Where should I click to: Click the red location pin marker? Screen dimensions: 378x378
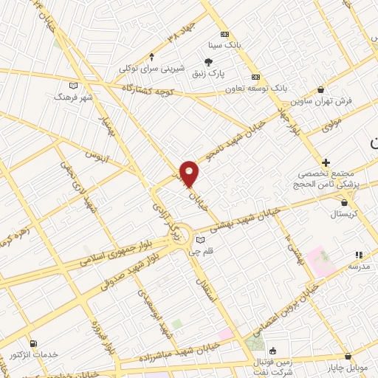(x=190, y=174)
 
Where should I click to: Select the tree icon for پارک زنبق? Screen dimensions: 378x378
(x=210, y=63)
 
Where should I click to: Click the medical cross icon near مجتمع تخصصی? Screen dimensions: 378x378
(x=326, y=162)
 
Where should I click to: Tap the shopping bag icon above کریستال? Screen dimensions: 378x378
(x=344, y=202)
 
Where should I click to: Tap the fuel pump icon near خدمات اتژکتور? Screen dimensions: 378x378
(x=32, y=343)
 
